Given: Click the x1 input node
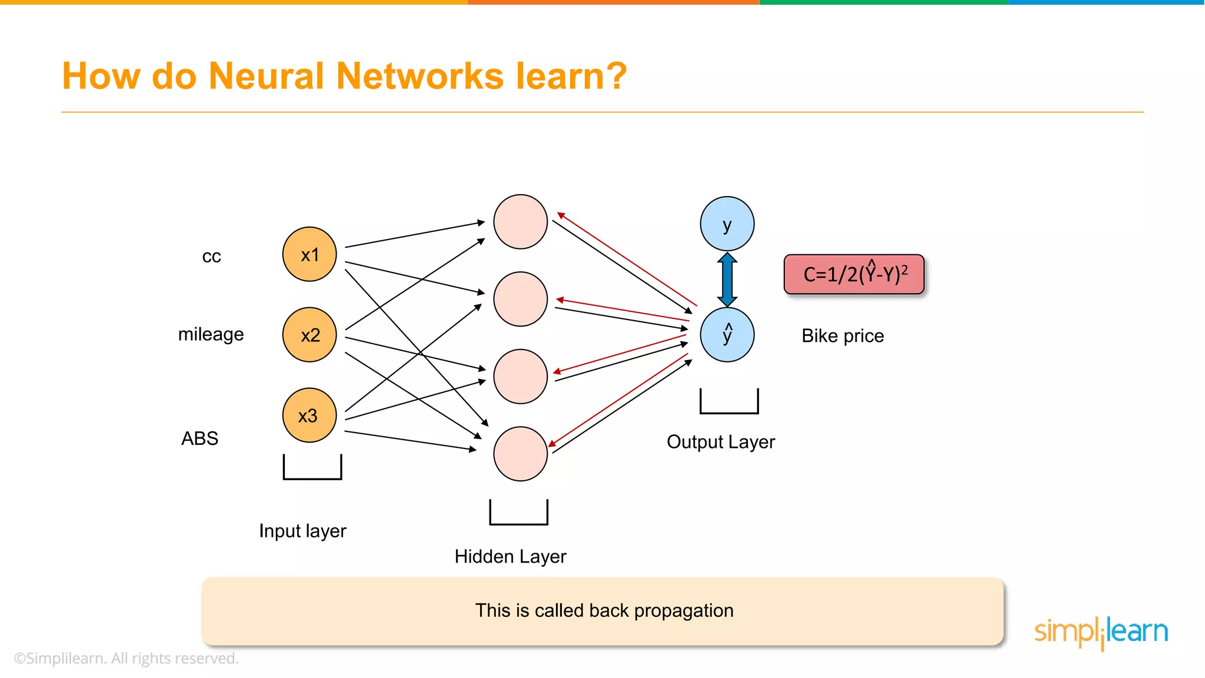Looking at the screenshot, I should (x=309, y=254).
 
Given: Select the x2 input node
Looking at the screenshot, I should (x=309, y=334).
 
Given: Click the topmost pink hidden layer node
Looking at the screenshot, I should (x=520, y=222).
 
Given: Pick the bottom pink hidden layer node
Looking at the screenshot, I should (x=520, y=454).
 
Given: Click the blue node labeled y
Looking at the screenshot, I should (x=727, y=224).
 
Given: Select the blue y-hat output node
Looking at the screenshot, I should (x=727, y=334).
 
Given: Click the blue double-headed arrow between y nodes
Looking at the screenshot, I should (x=727, y=279).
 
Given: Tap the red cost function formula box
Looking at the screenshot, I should (x=854, y=274).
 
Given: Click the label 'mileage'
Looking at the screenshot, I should (x=211, y=334).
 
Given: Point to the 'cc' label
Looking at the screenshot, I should (x=211, y=257).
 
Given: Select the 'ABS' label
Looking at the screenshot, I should (x=199, y=438).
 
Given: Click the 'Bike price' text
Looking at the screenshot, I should (x=843, y=335).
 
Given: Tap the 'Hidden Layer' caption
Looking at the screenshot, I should (x=510, y=556).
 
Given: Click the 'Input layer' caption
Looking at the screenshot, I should (x=302, y=531).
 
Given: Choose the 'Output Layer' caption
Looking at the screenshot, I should (x=721, y=441).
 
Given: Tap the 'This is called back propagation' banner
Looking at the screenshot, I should (x=602, y=611).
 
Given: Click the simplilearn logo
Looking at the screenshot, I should (x=1101, y=632).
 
